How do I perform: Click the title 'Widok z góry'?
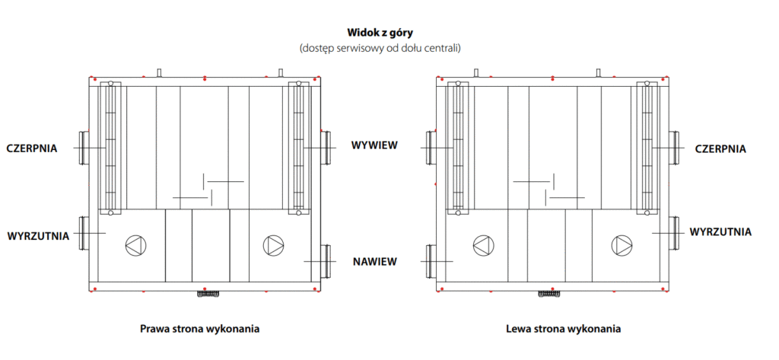click(389, 33)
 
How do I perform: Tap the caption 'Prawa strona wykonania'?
click(200, 330)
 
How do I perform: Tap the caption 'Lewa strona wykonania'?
click(563, 330)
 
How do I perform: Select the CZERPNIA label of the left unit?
click(32, 148)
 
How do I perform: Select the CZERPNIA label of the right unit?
click(720, 149)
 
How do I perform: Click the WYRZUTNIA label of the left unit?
click(38, 236)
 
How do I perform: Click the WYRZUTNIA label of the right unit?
click(721, 231)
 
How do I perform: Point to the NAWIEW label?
click(374, 261)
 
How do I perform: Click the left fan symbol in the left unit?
click(134, 245)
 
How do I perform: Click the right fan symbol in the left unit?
click(272, 245)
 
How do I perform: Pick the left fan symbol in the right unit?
click(483, 245)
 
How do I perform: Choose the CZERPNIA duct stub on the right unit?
click(675, 146)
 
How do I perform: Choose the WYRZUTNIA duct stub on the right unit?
click(675, 231)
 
